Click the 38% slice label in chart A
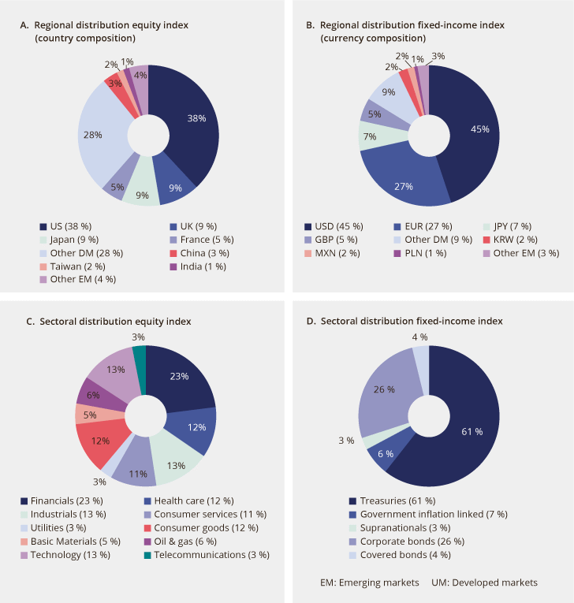click(196, 118)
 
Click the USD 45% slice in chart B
click(473, 129)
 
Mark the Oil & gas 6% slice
click(93, 394)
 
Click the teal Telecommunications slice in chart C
click(140, 356)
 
